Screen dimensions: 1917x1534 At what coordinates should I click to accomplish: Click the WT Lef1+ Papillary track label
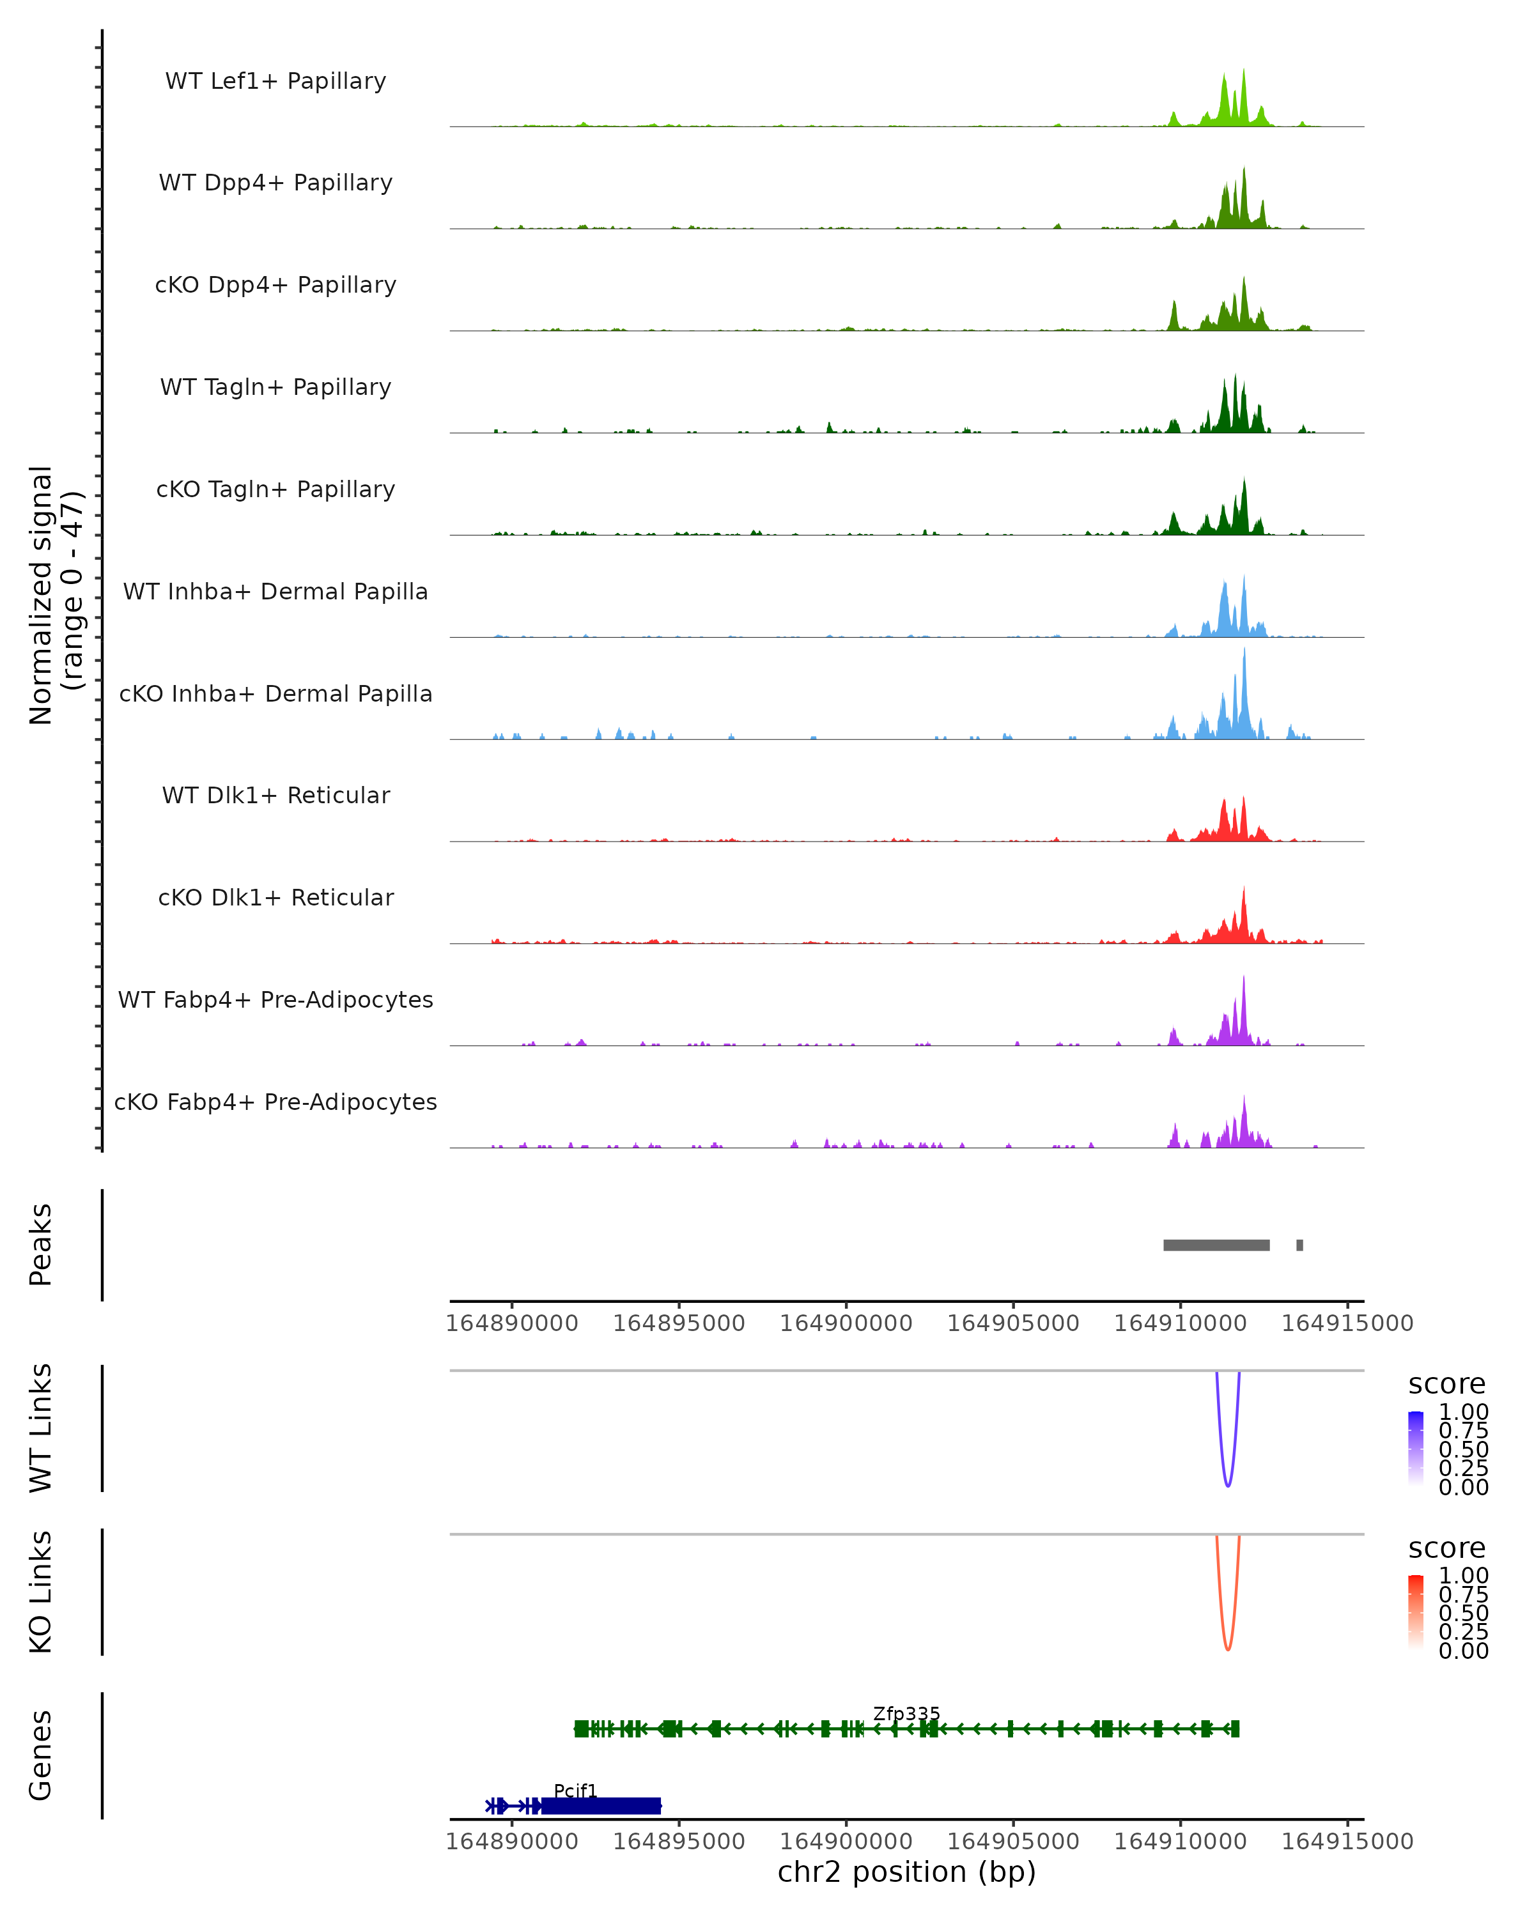(x=275, y=81)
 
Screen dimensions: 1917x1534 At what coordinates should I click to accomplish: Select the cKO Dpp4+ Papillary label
(x=275, y=284)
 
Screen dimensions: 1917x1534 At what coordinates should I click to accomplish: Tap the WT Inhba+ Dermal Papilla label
(x=275, y=591)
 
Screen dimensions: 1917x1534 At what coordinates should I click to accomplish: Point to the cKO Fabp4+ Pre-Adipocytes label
(x=275, y=1102)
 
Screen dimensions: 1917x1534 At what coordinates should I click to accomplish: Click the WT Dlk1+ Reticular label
(x=275, y=795)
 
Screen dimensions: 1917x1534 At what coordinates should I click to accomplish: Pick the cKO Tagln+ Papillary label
(x=275, y=489)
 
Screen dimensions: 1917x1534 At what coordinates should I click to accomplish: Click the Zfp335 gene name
(x=906, y=1713)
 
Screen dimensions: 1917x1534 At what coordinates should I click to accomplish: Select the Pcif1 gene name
(x=575, y=1790)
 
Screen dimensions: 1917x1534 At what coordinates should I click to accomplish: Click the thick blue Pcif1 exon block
(x=601, y=1806)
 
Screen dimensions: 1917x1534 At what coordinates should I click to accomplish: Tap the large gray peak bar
(x=1216, y=1245)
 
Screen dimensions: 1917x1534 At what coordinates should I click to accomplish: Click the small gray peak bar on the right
(x=1299, y=1245)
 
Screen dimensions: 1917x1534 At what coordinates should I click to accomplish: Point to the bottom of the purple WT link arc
(x=1227, y=1486)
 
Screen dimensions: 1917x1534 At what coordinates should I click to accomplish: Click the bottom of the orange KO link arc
(x=1227, y=1649)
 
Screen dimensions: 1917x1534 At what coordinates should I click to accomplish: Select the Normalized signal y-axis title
(x=55, y=595)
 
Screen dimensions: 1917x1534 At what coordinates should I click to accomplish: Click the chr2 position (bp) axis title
(x=906, y=1872)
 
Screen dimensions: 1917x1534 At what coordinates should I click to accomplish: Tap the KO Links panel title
(x=41, y=1592)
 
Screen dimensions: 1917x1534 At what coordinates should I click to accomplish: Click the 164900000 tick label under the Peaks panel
(x=846, y=1323)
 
